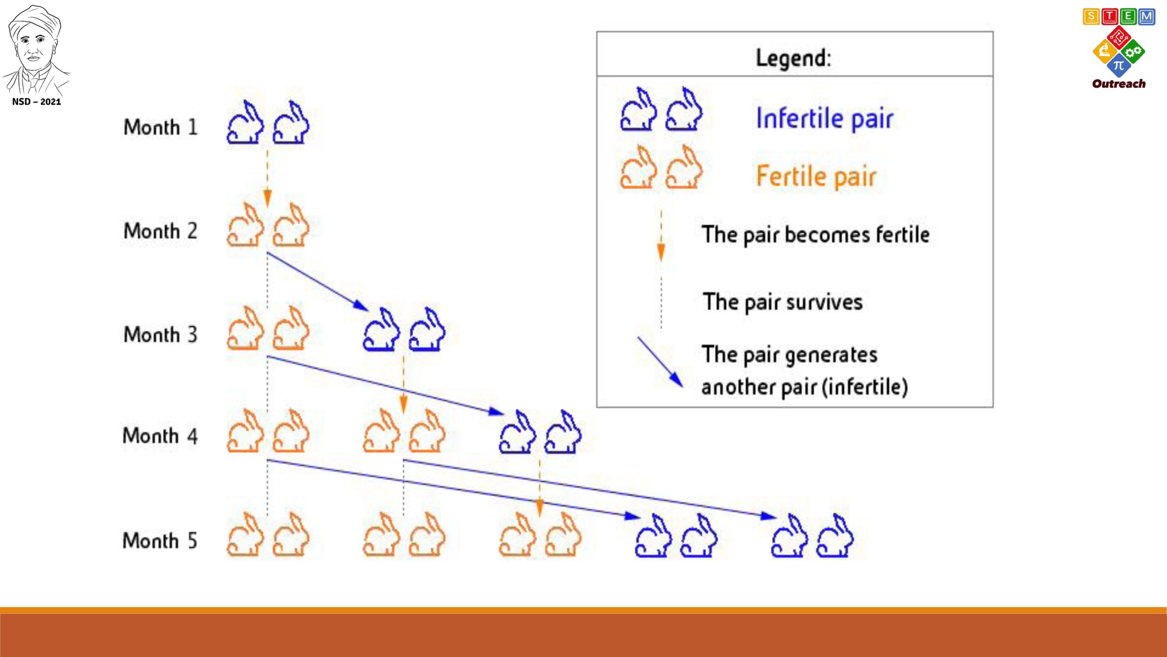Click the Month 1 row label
pyautogui.click(x=160, y=127)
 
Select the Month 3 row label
pyautogui.click(x=160, y=334)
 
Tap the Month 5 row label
pyautogui.click(x=160, y=541)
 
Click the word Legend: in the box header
pyautogui.click(x=793, y=58)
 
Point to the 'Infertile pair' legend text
pyautogui.click(x=825, y=119)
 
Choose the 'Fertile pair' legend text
pyautogui.click(x=816, y=177)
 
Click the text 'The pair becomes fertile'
pyautogui.click(x=816, y=235)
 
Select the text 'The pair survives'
pyautogui.click(x=783, y=302)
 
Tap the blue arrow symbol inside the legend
pyautogui.click(x=661, y=362)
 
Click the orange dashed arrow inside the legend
pyautogui.click(x=661, y=235)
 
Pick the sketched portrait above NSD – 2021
pyautogui.click(x=36, y=49)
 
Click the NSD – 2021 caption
pyautogui.click(x=36, y=102)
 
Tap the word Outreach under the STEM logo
pyautogui.click(x=1119, y=84)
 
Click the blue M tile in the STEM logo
pyautogui.click(x=1146, y=17)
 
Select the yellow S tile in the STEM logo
pyautogui.click(x=1091, y=17)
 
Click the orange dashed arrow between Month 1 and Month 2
pyautogui.click(x=268, y=178)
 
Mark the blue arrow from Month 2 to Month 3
pyautogui.click(x=318, y=282)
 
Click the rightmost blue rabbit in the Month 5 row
pyautogui.click(x=835, y=536)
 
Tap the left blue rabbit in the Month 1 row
pyautogui.click(x=245, y=122)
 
